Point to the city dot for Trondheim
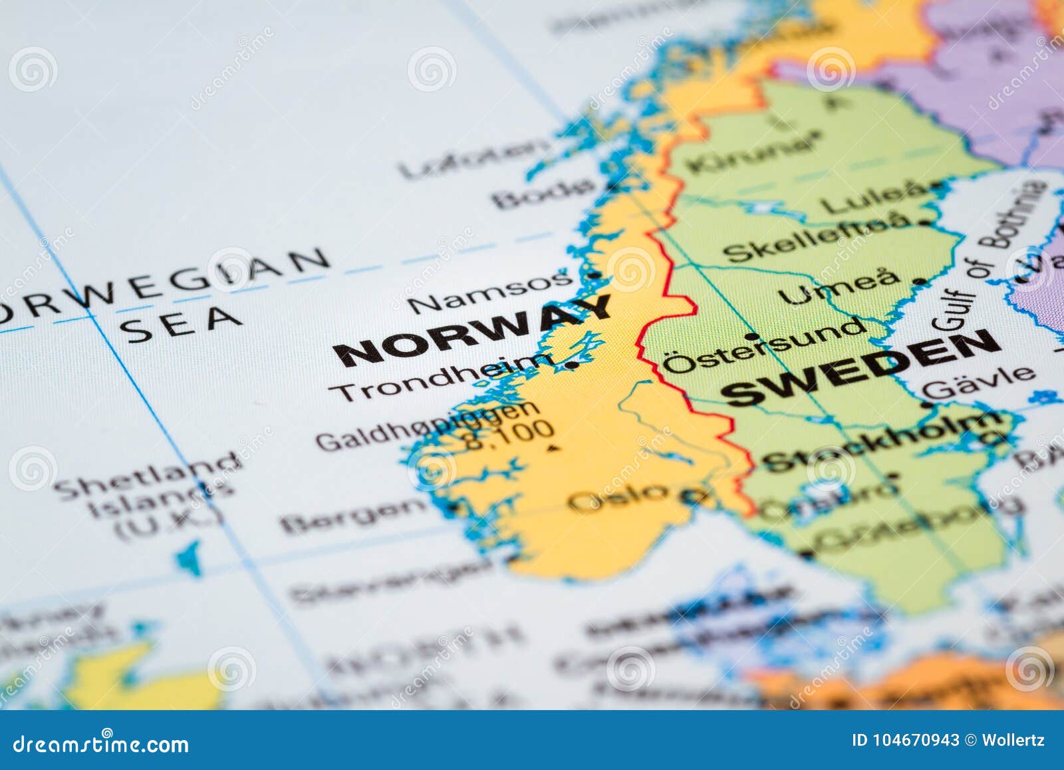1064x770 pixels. click(x=572, y=365)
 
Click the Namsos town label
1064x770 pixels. click(x=489, y=293)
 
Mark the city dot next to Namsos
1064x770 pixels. click(x=594, y=274)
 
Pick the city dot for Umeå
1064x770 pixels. click(x=920, y=282)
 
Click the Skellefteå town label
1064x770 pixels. click(x=815, y=239)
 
